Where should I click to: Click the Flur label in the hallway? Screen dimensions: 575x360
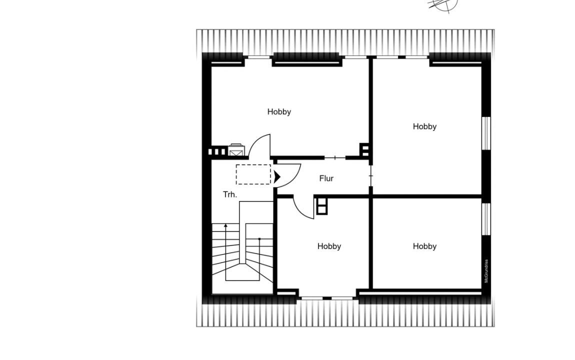326,178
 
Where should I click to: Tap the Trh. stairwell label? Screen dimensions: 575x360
230,194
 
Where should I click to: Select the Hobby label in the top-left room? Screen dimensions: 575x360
279,112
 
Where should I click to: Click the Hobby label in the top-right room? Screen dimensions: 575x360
424,126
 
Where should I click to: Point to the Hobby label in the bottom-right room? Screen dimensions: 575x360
424,246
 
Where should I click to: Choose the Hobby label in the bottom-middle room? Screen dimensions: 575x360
329,246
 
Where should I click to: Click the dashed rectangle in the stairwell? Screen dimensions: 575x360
253,174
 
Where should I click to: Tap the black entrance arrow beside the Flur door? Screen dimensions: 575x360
277,177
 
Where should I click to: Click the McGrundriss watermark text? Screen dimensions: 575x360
486,271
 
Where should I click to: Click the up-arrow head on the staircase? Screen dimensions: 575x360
226,225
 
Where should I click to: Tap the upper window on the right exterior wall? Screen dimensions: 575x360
486,133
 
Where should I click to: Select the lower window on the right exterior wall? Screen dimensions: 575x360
486,219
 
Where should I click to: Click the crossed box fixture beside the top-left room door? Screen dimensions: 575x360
236,149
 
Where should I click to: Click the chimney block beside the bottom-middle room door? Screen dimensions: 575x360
321,206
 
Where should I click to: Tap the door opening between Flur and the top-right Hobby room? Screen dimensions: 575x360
370,176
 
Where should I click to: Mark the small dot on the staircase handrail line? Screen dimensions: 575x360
259,239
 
